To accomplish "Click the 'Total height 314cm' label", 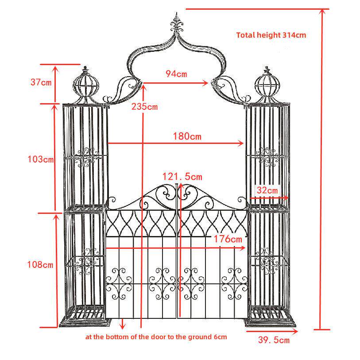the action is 271,35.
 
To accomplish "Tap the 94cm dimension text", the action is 176,74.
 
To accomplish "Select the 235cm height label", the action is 145,107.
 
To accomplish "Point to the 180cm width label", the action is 187,136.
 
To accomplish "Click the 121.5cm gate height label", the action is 182,177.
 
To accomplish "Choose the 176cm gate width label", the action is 228,239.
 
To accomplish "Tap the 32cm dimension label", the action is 267,190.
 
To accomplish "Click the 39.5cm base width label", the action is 274,340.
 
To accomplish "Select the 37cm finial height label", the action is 41,82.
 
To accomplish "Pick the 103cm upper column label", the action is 41,159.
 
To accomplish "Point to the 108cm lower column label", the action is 40,264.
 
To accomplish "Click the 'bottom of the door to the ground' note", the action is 156,337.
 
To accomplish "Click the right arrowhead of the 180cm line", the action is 241,143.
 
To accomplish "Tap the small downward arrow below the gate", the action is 123,324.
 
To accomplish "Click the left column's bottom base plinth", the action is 85,322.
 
